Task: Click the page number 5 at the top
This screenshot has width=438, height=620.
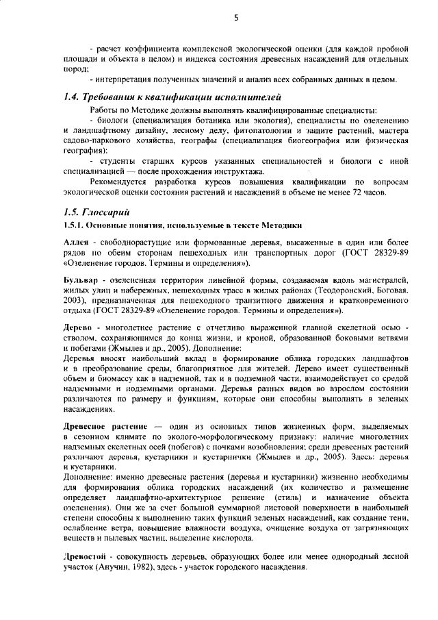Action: (x=235, y=19)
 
